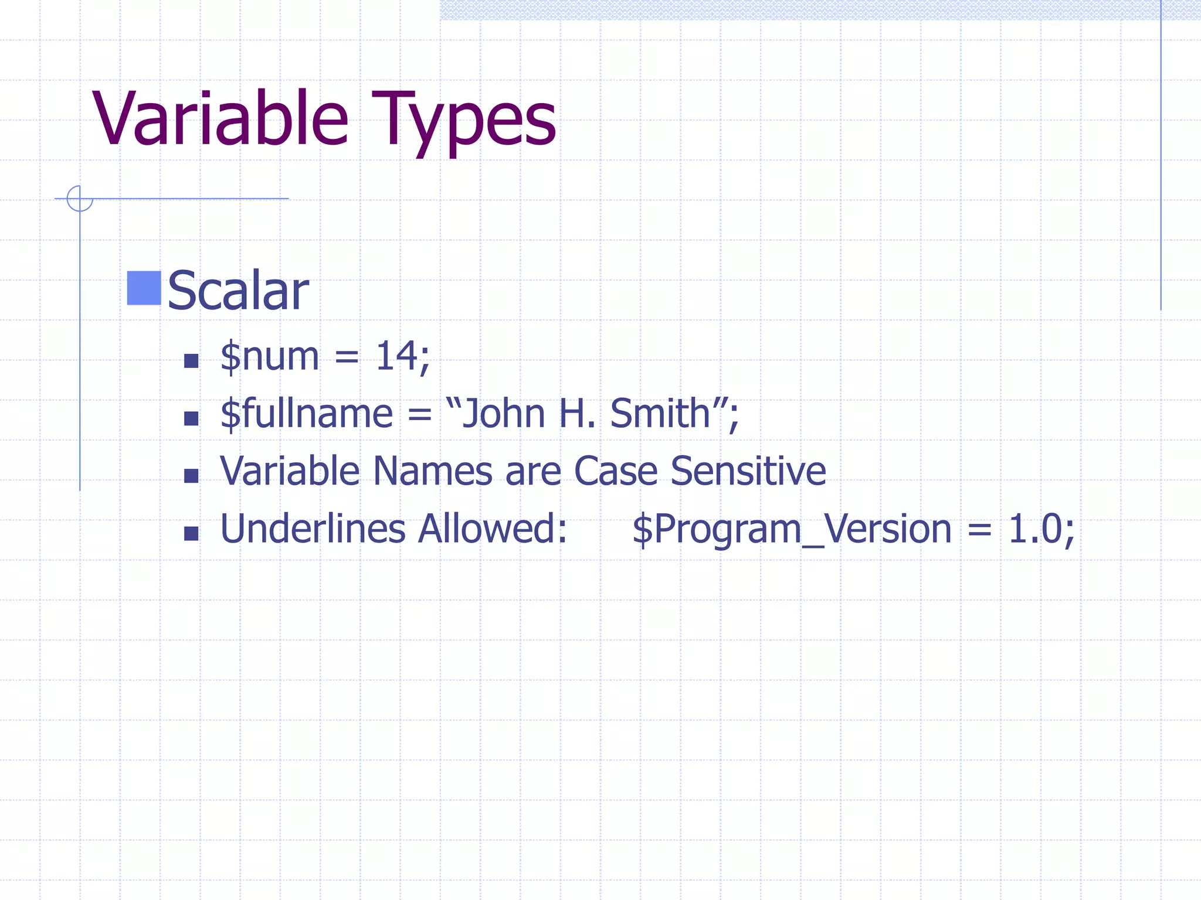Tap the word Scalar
[x=238, y=291]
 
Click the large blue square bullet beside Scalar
[x=144, y=288]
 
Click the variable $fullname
[x=306, y=414]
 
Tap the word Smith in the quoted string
[x=660, y=414]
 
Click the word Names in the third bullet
[x=433, y=471]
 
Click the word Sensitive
[x=748, y=471]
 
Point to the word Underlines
[x=313, y=529]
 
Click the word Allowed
[x=491, y=529]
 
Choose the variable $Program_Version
[x=792, y=530]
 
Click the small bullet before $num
[x=191, y=360]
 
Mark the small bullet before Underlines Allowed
[x=191, y=533]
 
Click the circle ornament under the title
[x=80, y=198]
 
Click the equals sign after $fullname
[x=419, y=415]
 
